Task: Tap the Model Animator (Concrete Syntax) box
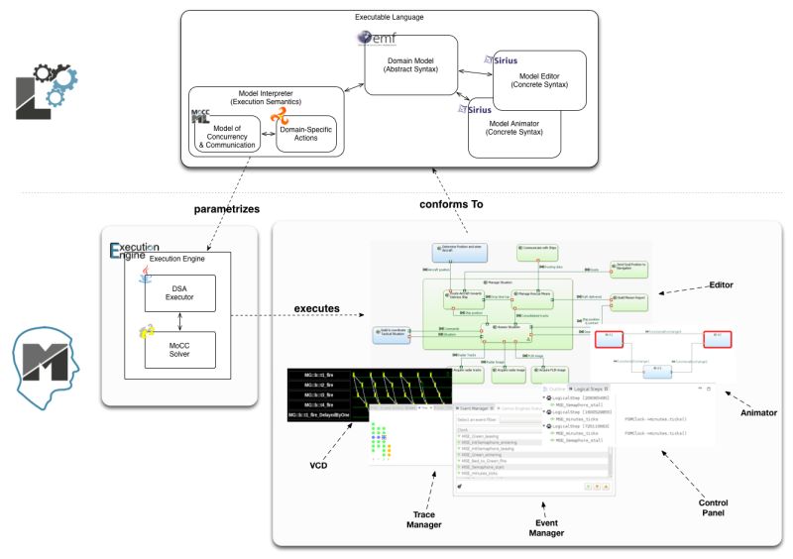point(531,131)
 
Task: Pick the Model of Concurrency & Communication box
point(227,138)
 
